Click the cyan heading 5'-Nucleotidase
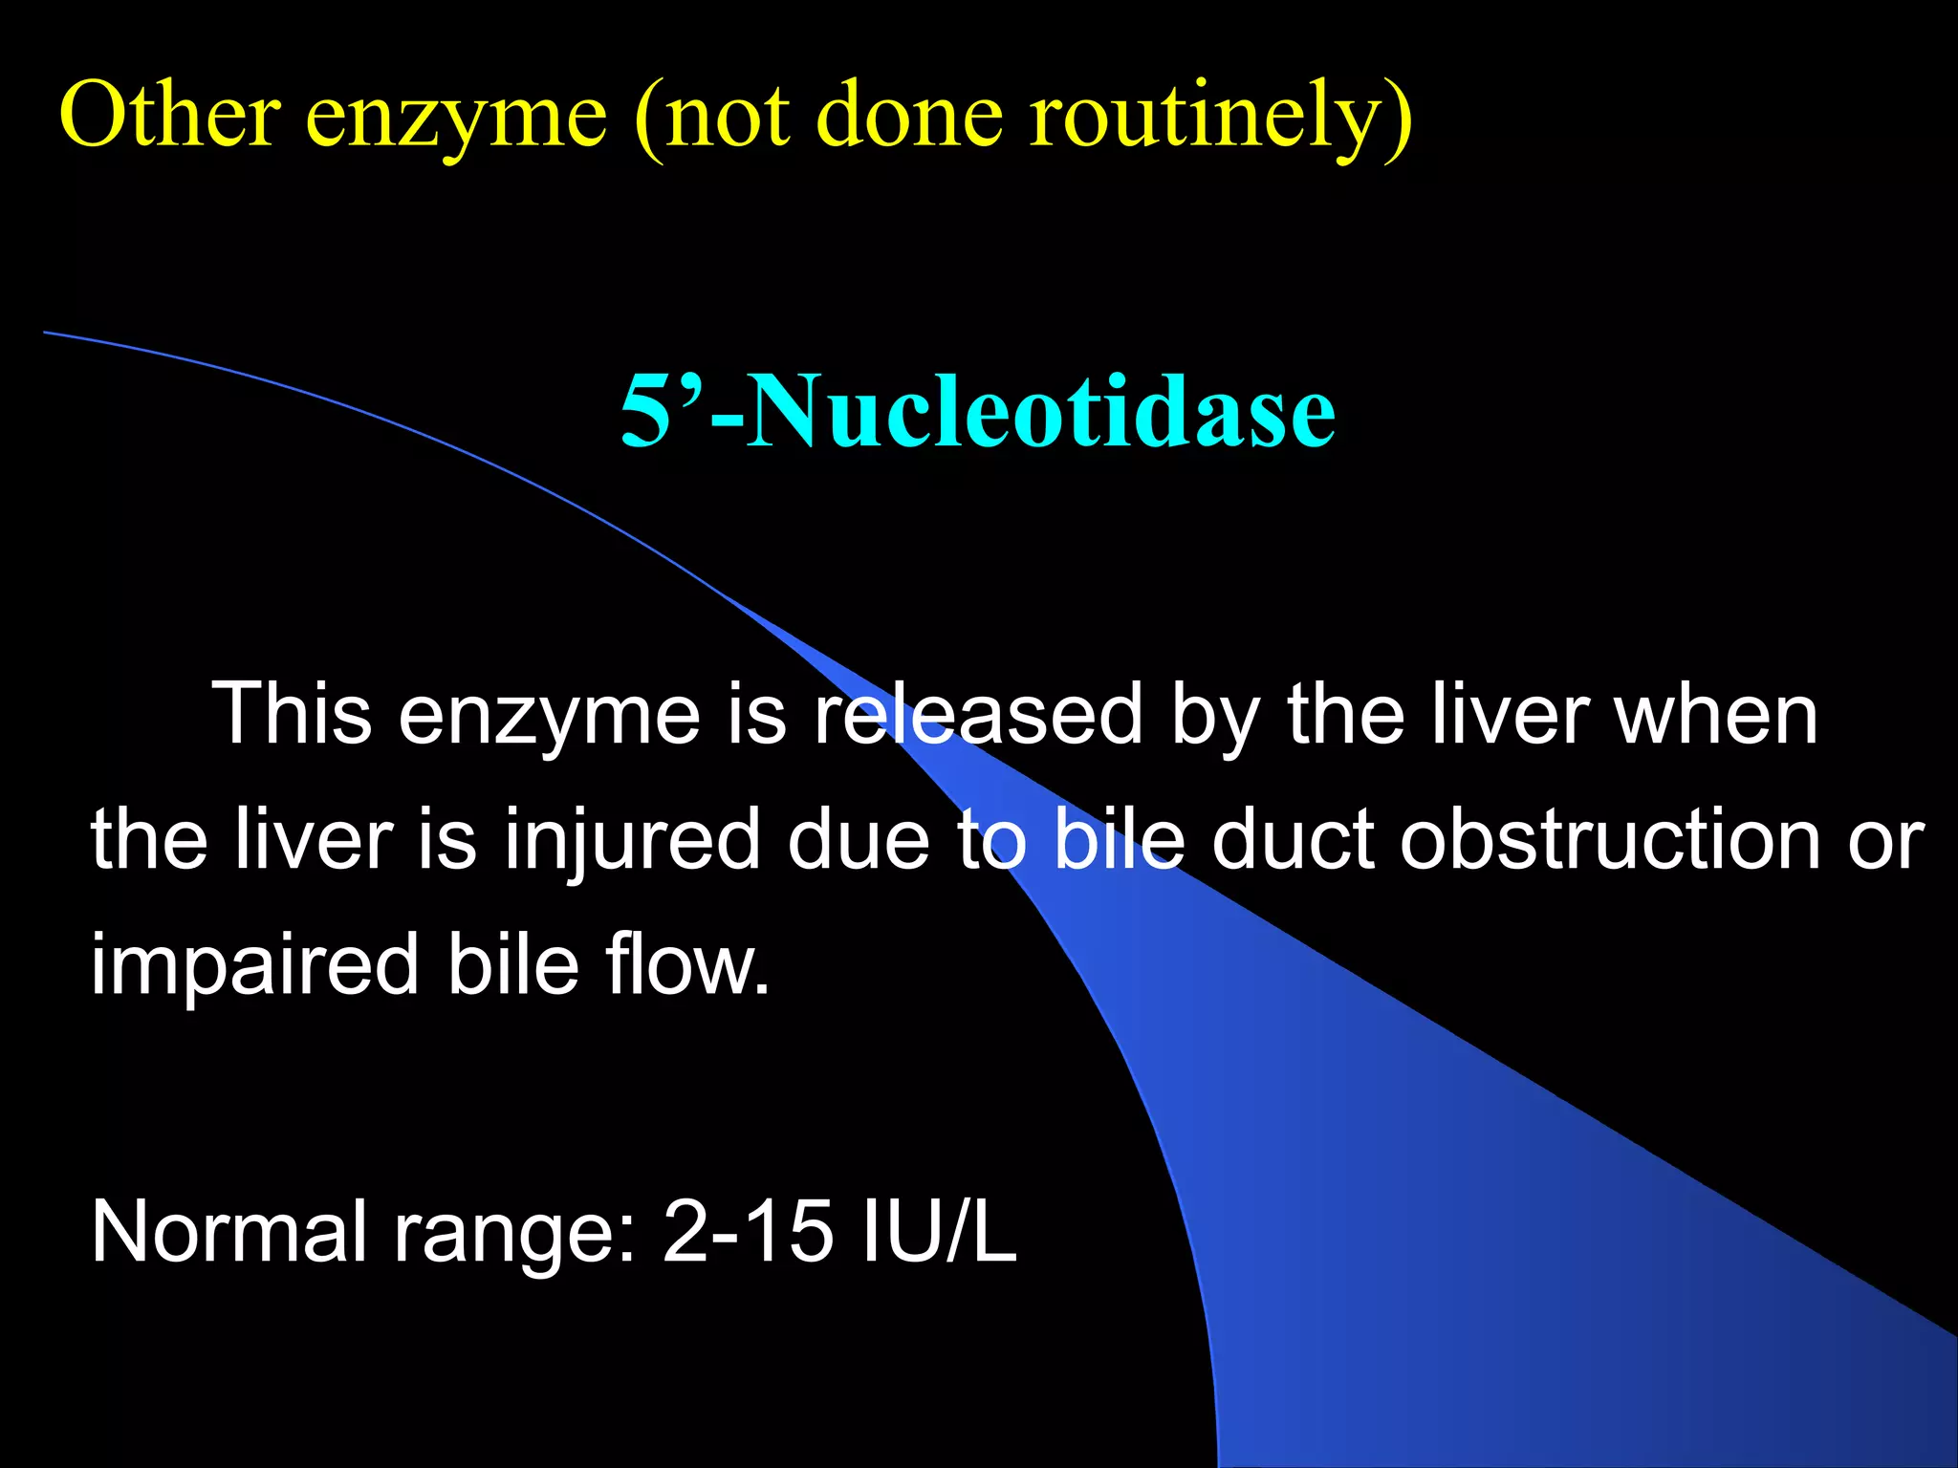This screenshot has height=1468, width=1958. [978, 411]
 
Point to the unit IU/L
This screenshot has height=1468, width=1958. [939, 1233]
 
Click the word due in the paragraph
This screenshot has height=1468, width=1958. [859, 839]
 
